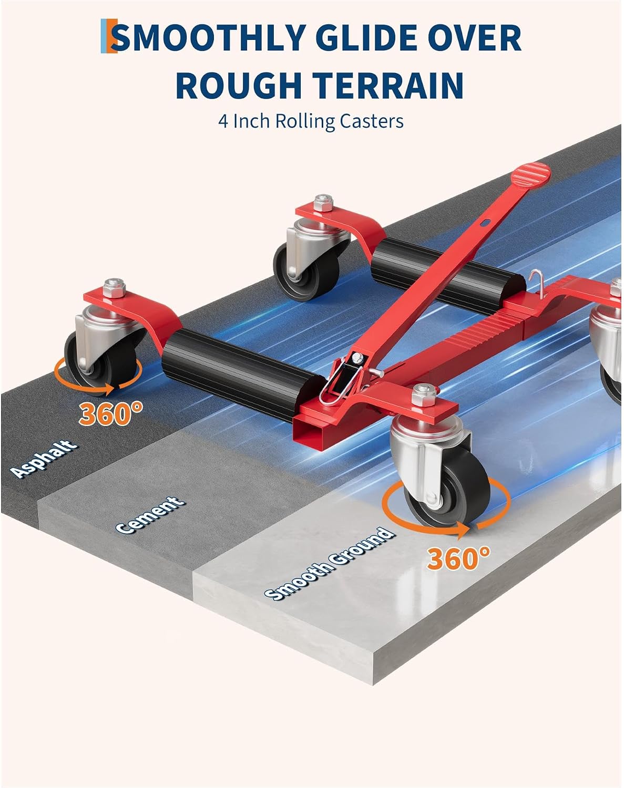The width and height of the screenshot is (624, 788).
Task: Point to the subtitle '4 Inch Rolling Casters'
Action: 311,121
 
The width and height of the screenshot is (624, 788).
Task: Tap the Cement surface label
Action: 150,514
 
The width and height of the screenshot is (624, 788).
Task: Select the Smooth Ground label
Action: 330,563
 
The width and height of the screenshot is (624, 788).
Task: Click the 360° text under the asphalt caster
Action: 110,413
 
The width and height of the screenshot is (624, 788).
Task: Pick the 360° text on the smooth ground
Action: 458,558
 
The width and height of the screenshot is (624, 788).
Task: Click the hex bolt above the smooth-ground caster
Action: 424,393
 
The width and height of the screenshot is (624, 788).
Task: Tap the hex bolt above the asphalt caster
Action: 114,287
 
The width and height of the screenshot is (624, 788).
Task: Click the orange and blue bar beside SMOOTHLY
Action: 109,36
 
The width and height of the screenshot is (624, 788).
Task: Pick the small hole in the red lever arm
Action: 486,222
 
